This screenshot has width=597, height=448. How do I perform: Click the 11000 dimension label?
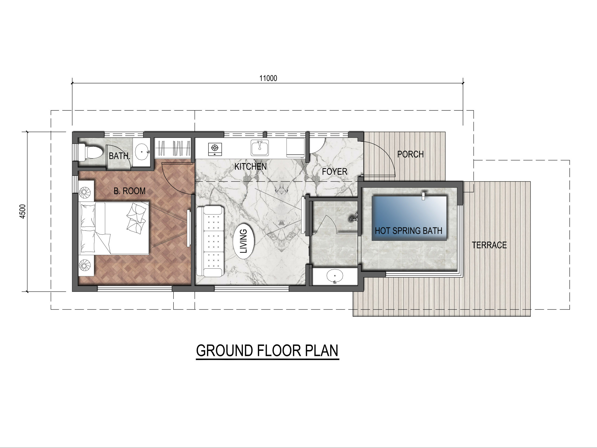point(268,78)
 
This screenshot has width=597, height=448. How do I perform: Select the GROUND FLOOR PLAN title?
point(267,350)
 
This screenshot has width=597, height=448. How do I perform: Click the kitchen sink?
point(260,148)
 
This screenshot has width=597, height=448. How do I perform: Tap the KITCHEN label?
point(250,167)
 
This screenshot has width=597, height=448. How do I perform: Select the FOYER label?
point(334,171)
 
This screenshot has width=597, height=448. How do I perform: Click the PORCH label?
point(410,154)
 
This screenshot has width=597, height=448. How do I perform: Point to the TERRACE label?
point(489,245)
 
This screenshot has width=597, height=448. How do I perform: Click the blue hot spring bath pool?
point(409,218)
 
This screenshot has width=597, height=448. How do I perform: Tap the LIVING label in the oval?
point(244,241)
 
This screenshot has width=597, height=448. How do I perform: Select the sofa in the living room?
point(210,241)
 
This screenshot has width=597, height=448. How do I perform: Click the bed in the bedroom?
point(114,228)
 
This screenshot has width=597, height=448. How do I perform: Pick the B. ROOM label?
point(129,191)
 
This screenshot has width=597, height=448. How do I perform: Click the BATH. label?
point(119,156)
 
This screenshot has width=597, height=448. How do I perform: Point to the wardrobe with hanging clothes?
point(173,148)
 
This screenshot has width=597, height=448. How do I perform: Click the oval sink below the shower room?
point(335,276)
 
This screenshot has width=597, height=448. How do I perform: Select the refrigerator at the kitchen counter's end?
point(295,148)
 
